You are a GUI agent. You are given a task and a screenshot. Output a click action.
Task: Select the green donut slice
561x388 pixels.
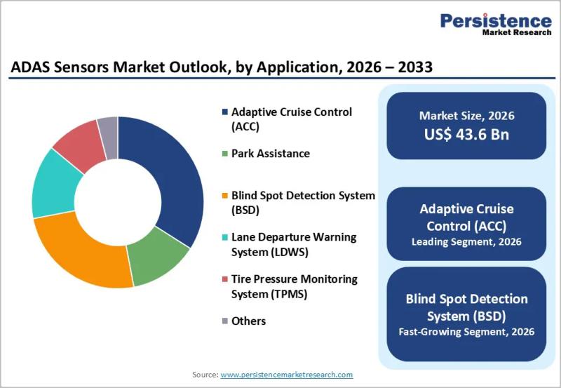pyautogui.click(x=160, y=260)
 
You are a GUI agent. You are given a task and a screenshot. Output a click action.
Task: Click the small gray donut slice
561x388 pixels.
pyautogui.click(x=108, y=128)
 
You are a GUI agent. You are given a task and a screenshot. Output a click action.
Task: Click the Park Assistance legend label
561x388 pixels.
pyautogui.click(x=270, y=153)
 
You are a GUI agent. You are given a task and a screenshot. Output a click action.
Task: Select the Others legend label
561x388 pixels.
pyautogui.click(x=248, y=321)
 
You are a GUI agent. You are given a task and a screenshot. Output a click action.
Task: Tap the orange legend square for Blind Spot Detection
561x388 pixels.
pyautogui.click(x=224, y=196)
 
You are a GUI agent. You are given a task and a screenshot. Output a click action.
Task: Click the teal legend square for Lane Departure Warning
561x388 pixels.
pyautogui.click(x=224, y=238)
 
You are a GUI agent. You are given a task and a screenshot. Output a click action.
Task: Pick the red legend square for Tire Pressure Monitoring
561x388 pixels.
pyautogui.click(x=224, y=279)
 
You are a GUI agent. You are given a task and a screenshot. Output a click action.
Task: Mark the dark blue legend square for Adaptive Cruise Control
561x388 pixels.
pyautogui.click(x=224, y=112)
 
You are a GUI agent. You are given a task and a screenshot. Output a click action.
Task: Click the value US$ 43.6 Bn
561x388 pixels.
pyautogui.click(x=466, y=135)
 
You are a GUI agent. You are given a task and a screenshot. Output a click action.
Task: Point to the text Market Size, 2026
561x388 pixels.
pyautogui.click(x=466, y=116)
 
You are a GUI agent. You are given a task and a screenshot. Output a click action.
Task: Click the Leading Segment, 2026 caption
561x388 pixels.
pyautogui.click(x=466, y=242)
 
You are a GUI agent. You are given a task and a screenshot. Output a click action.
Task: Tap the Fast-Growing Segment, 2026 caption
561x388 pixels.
pyautogui.click(x=466, y=331)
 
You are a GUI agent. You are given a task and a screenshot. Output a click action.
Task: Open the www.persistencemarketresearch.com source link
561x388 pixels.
pyautogui.click(x=286, y=375)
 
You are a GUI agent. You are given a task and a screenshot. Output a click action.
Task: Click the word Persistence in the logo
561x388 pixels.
pyautogui.click(x=495, y=20)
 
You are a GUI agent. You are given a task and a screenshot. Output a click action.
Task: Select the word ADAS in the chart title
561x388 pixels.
pyautogui.click(x=33, y=68)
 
